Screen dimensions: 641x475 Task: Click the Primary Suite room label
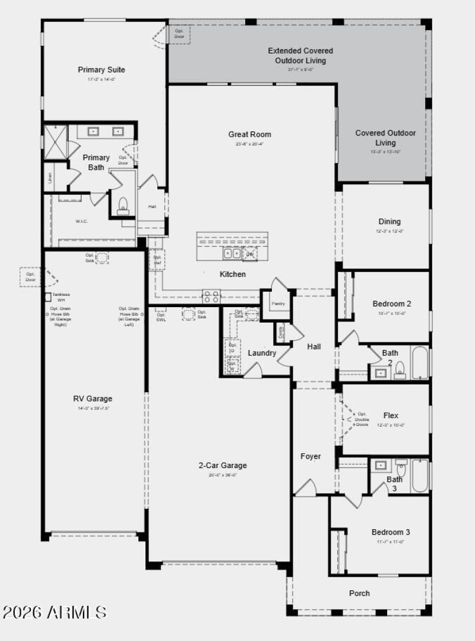[102, 70]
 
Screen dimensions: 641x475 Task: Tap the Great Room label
[249, 134]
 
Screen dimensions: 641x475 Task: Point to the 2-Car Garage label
[223, 465]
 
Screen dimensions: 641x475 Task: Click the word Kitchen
[233, 274]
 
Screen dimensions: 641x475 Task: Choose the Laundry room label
[262, 353]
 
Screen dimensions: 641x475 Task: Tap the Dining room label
[389, 222]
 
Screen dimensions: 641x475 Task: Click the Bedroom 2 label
[392, 304]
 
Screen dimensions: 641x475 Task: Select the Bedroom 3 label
[391, 532]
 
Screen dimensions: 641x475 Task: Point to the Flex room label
[391, 416]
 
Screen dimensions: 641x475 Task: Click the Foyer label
[311, 456]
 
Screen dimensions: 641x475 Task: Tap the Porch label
[359, 593]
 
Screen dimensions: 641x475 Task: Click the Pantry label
[278, 303]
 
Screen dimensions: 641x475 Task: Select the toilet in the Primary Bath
[123, 204]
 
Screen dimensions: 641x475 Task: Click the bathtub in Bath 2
[419, 362]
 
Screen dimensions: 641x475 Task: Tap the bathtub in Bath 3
[419, 475]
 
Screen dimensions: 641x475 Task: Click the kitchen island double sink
[231, 254]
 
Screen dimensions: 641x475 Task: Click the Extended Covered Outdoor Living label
[300, 55]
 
